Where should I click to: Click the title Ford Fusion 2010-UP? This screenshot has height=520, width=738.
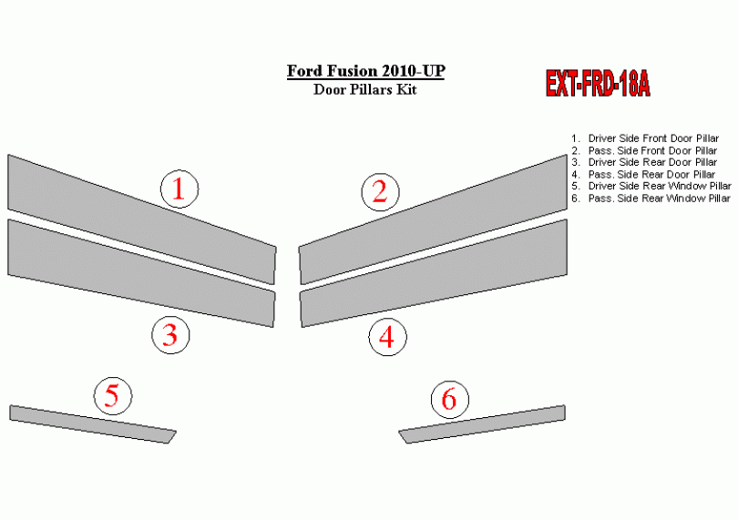click(365, 71)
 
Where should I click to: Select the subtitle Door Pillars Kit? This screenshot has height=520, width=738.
click(365, 89)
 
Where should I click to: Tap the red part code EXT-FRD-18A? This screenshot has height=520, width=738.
click(598, 83)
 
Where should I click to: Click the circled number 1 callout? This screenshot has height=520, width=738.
click(179, 189)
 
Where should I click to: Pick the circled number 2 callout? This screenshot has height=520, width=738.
click(380, 192)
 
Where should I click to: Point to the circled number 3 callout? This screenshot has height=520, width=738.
click(170, 335)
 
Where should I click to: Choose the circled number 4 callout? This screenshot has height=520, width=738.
click(387, 337)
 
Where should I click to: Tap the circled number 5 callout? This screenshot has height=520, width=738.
click(113, 396)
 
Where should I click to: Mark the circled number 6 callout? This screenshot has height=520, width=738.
click(450, 400)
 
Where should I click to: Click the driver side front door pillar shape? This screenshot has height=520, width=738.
click(141, 219)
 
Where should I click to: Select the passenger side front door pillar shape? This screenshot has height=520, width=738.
click(433, 219)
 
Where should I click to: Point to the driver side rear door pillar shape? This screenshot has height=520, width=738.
click(141, 273)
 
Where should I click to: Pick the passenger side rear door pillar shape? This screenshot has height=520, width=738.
click(434, 273)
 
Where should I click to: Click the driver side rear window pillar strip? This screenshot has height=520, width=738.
click(93, 424)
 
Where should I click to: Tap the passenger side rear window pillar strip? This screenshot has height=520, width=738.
click(482, 424)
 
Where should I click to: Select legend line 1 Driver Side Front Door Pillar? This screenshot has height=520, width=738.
click(645, 138)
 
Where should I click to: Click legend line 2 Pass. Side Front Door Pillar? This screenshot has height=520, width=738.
click(644, 150)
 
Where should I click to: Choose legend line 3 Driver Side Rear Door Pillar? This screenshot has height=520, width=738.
click(644, 162)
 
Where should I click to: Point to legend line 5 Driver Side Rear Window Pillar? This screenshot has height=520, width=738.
click(651, 186)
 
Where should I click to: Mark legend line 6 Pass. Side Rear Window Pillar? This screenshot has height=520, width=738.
click(651, 199)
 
